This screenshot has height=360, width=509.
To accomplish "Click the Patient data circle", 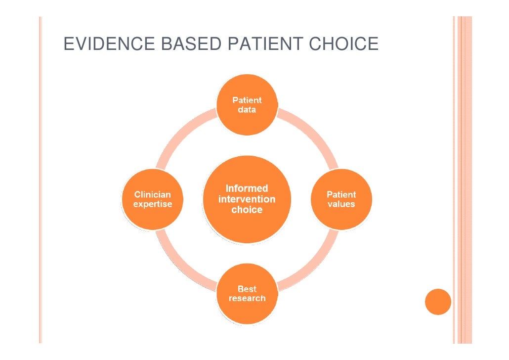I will pyautogui.click(x=247, y=105).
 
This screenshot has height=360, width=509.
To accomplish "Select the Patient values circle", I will pyautogui.click(x=341, y=199).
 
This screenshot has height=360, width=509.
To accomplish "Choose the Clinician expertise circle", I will pyautogui.click(x=153, y=199).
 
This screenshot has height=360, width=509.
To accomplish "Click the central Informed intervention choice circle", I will pyautogui.click(x=247, y=199).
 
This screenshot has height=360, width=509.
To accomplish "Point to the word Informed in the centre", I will pyautogui.click(x=247, y=188).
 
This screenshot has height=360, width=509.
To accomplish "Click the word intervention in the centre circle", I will pyautogui.click(x=247, y=199).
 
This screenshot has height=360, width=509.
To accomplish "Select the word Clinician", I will pyautogui.click(x=153, y=194).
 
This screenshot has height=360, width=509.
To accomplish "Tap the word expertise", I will pyautogui.click(x=153, y=204).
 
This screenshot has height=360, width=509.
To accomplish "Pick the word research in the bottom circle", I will pyautogui.click(x=247, y=299).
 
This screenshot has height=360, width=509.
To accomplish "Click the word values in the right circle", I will pyautogui.click(x=341, y=204).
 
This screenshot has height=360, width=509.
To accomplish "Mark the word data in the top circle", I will pyautogui.click(x=247, y=110).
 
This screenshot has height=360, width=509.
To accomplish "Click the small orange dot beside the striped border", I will pyautogui.click(x=438, y=302).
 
